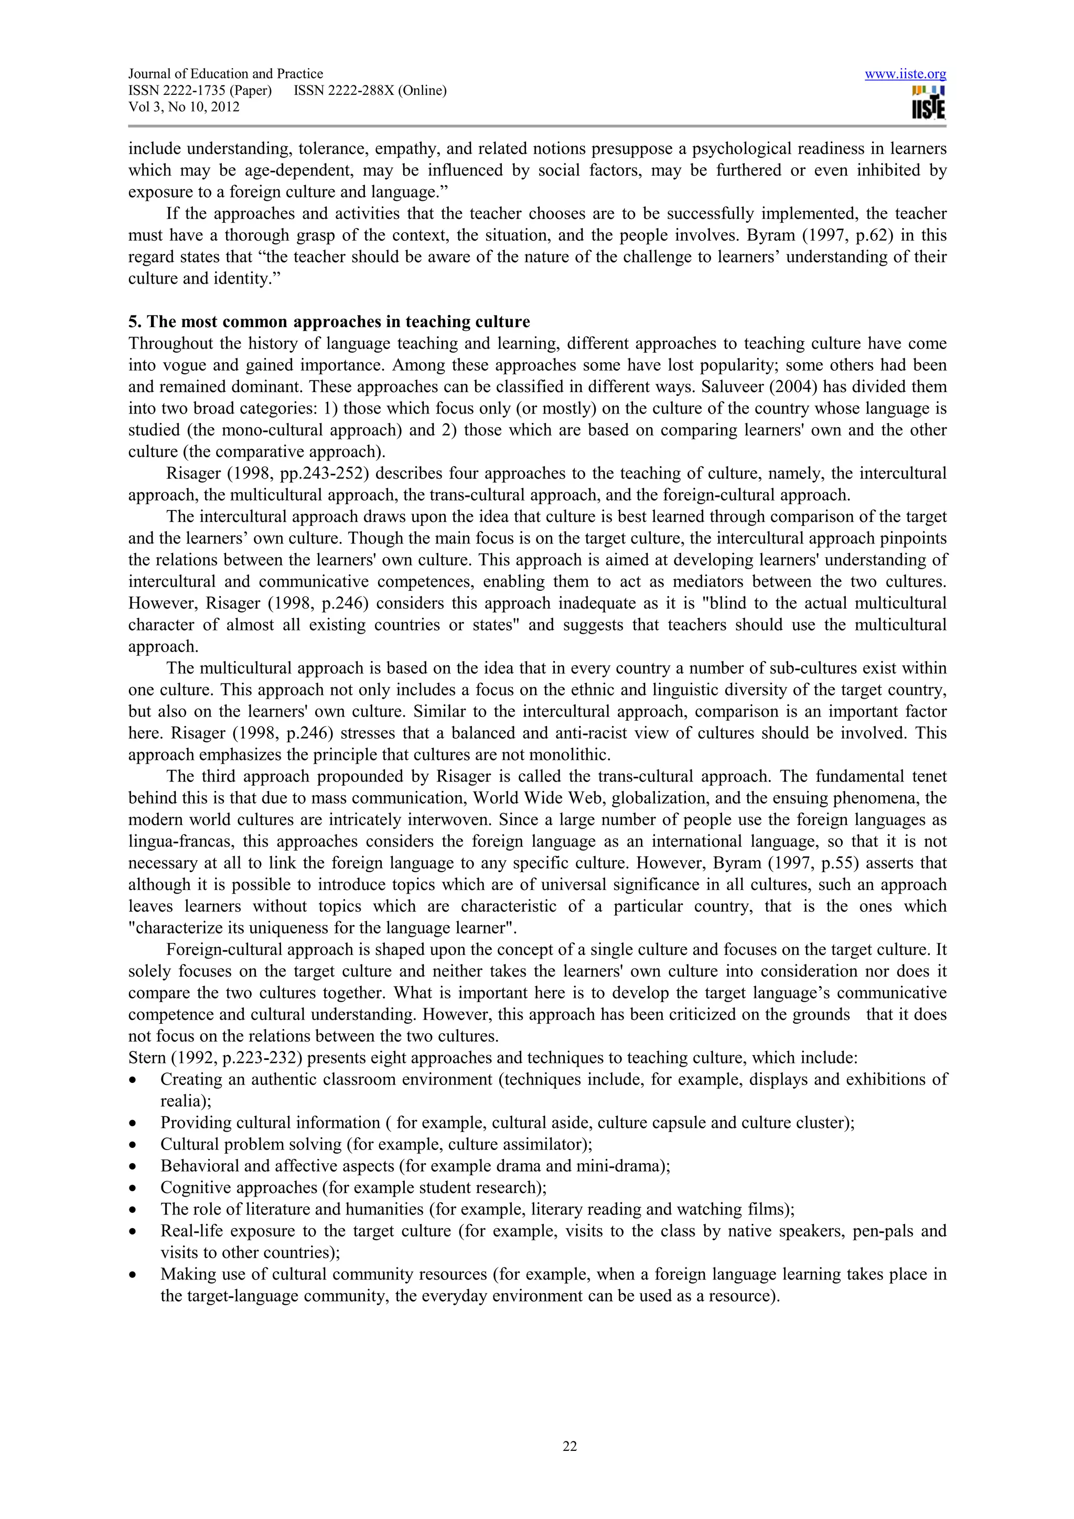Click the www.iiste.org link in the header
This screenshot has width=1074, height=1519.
click(x=905, y=74)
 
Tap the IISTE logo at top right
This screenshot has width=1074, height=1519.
click(x=928, y=103)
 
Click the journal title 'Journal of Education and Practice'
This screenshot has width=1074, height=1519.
click(x=225, y=74)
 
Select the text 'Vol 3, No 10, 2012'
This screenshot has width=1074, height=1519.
click(x=184, y=107)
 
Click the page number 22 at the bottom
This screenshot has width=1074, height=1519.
click(x=570, y=1446)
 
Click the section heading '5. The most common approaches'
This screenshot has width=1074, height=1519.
click(x=329, y=322)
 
